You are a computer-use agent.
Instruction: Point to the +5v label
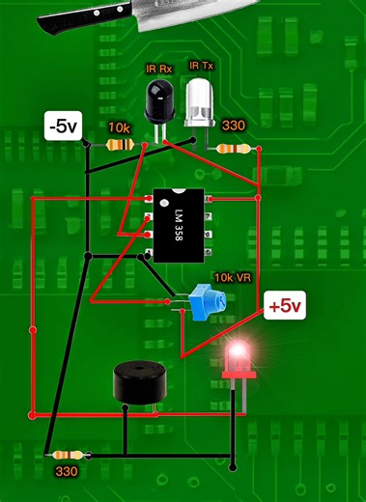pos(286,306)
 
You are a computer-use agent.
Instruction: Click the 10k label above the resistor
pos(119,128)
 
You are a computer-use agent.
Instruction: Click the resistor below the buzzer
pos(69,454)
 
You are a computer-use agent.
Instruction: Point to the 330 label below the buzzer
pos(67,473)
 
